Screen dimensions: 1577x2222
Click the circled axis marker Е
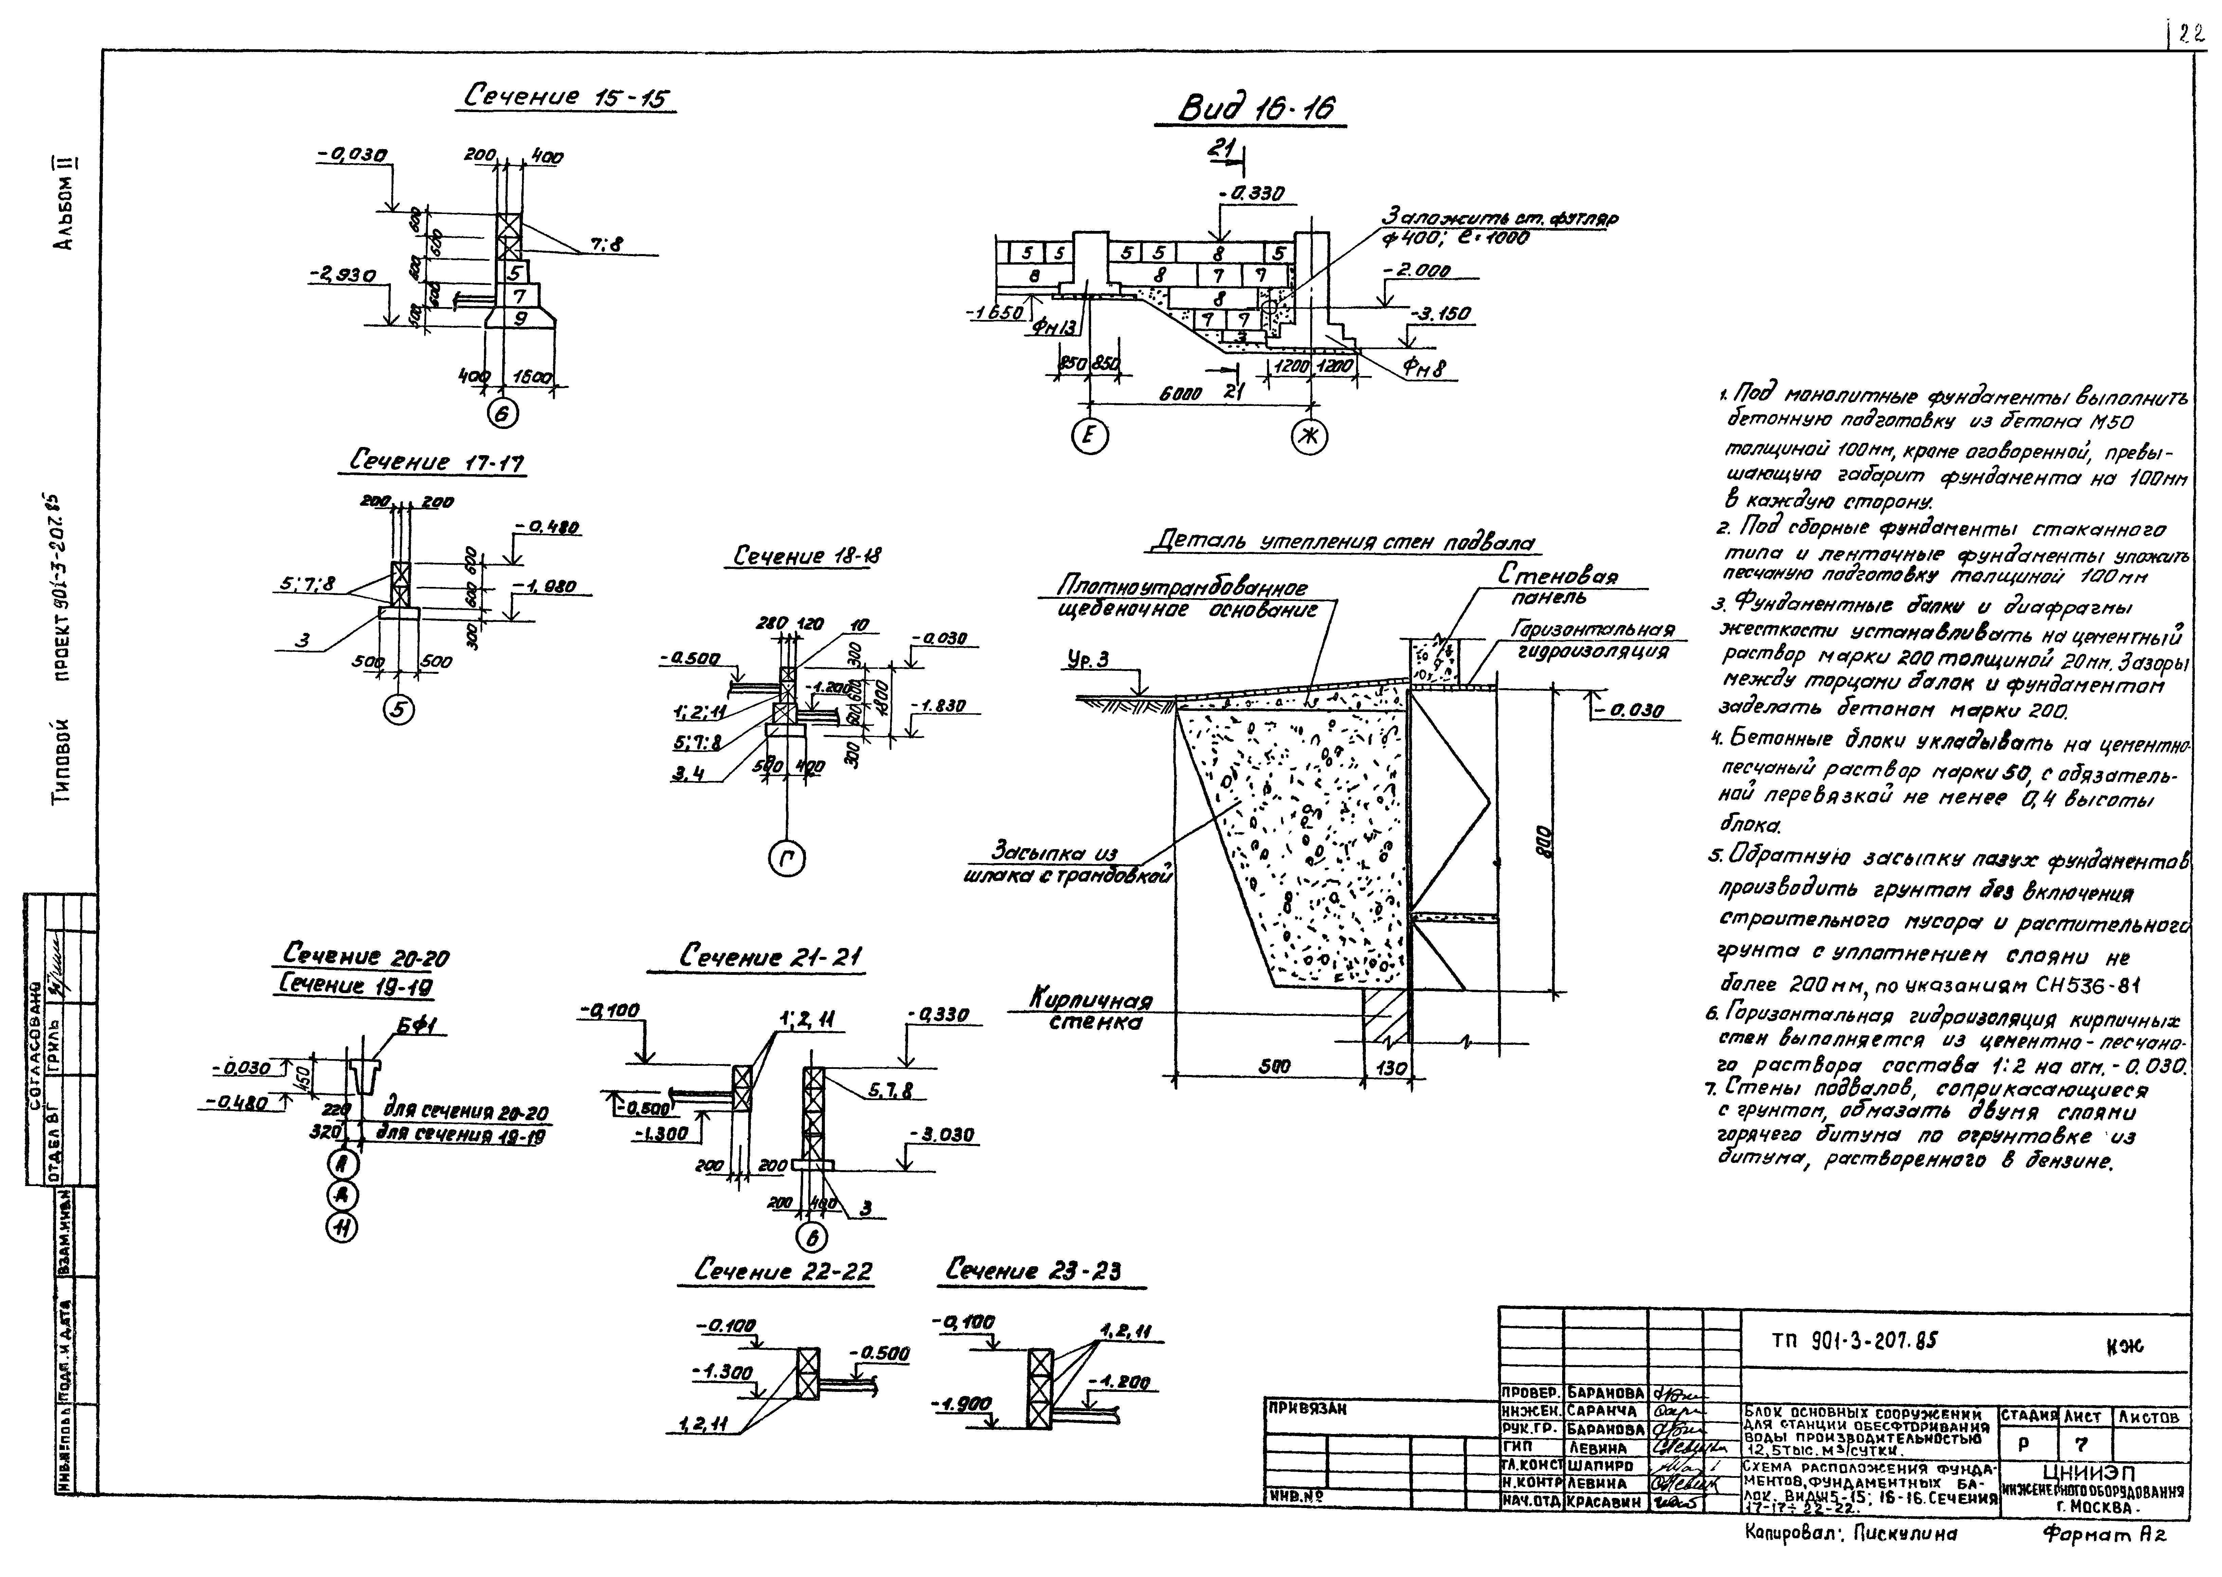[1090, 438]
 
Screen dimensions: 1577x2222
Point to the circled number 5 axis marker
[399, 710]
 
